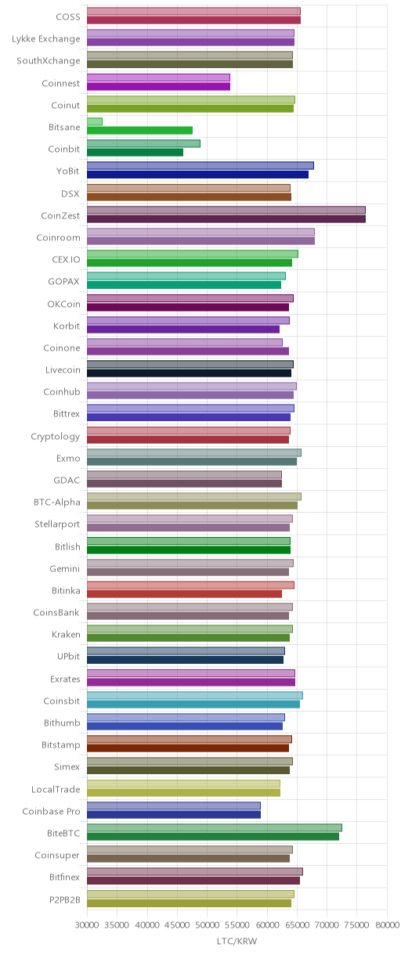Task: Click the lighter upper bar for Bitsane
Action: point(95,122)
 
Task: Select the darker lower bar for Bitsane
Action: point(139,131)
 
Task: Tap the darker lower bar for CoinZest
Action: point(226,218)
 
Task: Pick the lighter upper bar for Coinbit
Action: point(143,144)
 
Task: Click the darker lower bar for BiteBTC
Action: point(213,837)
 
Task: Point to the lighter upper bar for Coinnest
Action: point(158,77)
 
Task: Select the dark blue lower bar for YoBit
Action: point(197,175)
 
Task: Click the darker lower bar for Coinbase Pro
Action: point(174,814)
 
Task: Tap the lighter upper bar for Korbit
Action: point(188,320)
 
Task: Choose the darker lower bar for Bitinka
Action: point(184,594)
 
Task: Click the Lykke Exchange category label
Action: point(46,39)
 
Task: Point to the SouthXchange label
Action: point(49,60)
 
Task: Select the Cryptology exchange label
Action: point(55,437)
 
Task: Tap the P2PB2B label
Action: point(65,899)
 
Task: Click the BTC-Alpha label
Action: point(56,503)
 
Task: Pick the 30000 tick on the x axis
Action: point(87,924)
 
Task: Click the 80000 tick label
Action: point(388,924)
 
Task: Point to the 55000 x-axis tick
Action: point(237,924)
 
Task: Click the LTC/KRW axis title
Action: point(237,942)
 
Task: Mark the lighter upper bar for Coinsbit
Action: point(195,695)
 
